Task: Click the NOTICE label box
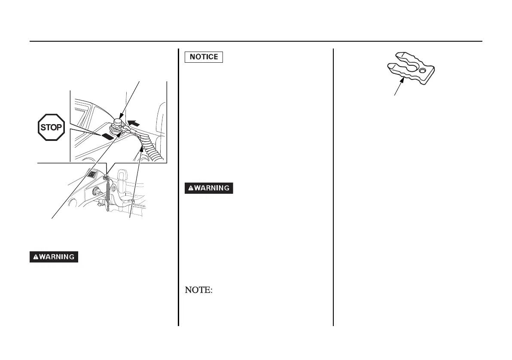point(204,57)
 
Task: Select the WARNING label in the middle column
point(209,188)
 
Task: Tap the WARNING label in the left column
point(54,257)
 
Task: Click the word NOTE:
point(198,290)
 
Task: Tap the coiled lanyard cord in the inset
point(148,146)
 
